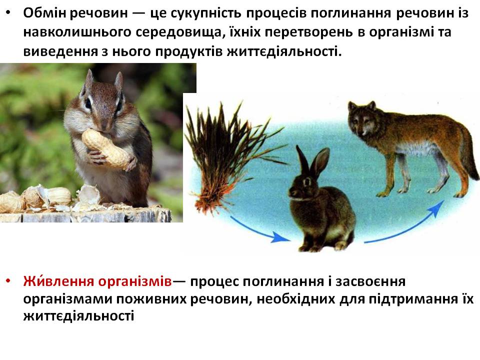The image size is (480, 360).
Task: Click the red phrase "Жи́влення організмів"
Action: (x=97, y=281)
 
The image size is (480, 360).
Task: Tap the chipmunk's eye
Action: (x=88, y=103)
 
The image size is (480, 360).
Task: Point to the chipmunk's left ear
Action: (x=88, y=79)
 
